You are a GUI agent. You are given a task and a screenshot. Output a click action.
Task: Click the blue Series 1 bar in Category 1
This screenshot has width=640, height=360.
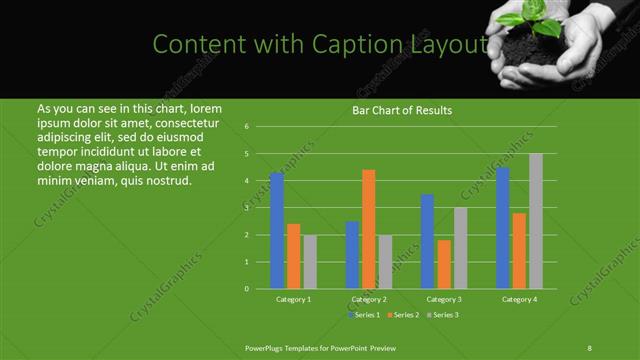point(277,231)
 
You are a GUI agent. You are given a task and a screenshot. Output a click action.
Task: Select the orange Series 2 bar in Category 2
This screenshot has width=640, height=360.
point(369,229)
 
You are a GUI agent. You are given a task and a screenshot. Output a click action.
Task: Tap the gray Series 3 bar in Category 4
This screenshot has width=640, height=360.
point(536,221)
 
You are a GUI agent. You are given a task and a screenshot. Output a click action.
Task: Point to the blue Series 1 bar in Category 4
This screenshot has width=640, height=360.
point(503,228)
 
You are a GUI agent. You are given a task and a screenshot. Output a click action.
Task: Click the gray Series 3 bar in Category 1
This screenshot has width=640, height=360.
point(310,262)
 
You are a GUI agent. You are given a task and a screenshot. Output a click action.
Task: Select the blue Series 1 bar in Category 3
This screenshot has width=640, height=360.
point(428,241)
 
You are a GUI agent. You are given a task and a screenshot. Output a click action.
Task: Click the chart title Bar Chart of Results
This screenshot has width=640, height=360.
point(402,110)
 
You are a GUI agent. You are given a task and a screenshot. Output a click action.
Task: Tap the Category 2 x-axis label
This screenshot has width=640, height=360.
point(369,299)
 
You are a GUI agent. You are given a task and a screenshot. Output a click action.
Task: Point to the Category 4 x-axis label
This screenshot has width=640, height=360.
point(519,299)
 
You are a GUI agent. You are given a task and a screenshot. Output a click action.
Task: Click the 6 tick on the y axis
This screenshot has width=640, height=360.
point(246,127)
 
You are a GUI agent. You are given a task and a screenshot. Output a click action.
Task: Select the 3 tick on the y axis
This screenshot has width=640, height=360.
point(246,208)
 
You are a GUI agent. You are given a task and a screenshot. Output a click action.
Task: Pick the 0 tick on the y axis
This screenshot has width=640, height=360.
point(246,289)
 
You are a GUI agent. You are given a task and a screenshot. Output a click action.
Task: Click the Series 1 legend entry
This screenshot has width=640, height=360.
point(364,315)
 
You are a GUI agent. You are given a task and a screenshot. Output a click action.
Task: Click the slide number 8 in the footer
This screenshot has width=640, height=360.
point(590,346)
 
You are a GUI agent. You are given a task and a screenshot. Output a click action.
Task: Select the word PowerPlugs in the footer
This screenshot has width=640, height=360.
point(266,346)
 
